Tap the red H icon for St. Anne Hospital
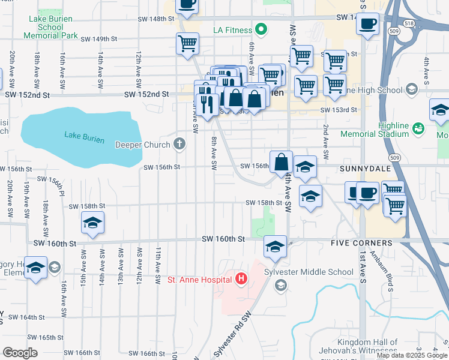pyautogui.click(x=241, y=279)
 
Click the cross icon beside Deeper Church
pyautogui.click(x=179, y=144)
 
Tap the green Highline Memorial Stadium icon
pyautogui.click(x=419, y=127)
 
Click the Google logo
pyautogui.click(x=20, y=352)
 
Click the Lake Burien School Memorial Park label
pyautogui.click(x=50, y=28)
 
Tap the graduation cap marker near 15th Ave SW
pyautogui.click(x=93, y=223)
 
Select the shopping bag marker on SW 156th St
pyautogui.click(x=281, y=162)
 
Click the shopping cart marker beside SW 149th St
pyautogui.click(x=187, y=44)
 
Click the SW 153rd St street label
pyautogui.click(x=339, y=110)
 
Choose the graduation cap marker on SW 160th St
pyautogui.click(x=275, y=247)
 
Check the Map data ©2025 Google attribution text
pyautogui.click(x=411, y=355)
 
